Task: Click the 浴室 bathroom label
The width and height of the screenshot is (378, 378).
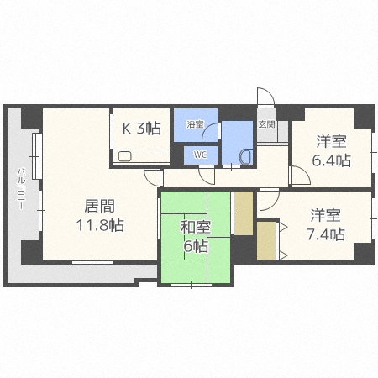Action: pos(195,124)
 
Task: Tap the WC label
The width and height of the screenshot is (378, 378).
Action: pos(200,155)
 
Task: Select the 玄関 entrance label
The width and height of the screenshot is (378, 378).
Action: pos(266,124)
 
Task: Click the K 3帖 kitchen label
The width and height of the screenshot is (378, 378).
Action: pos(142,129)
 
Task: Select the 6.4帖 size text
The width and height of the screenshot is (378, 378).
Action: pos(333,160)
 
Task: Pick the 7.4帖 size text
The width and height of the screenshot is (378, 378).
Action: pos(325,234)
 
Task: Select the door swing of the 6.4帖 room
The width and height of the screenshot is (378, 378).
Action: pos(298,174)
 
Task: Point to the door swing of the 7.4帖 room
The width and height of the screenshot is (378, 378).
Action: pos(268,199)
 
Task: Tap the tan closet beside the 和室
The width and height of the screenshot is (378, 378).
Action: pos(242,213)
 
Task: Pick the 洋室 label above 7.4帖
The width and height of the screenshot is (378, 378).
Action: pos(325,215)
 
